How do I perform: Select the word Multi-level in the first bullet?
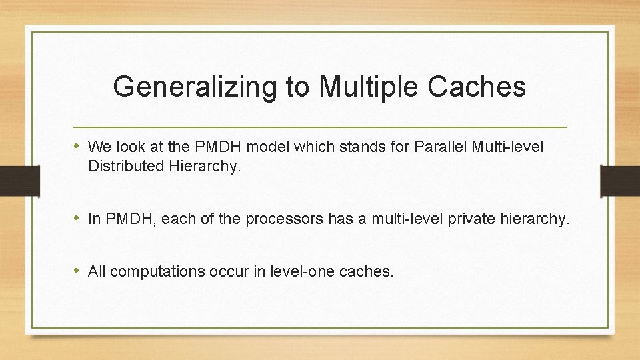(x=507, y=146)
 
